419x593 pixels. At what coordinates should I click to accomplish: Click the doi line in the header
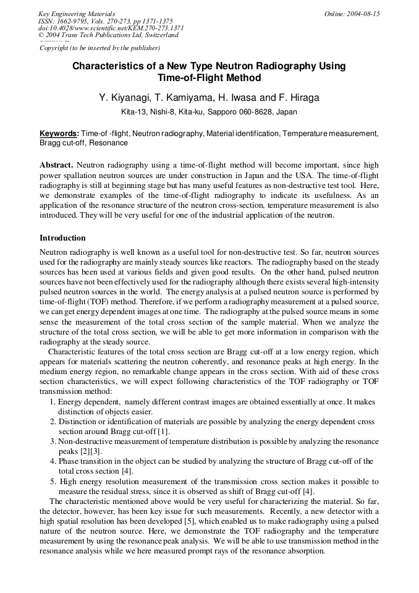[111, 28]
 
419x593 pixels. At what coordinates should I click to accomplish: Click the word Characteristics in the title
[114, 66]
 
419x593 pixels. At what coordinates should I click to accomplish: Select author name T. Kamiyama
[184, 98]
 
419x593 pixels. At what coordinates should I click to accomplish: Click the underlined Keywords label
[59, 134]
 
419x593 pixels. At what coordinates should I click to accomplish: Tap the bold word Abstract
[56, 166]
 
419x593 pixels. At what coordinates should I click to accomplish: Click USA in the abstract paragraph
[328, 175]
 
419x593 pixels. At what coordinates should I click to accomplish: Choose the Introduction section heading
[62, 238]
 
